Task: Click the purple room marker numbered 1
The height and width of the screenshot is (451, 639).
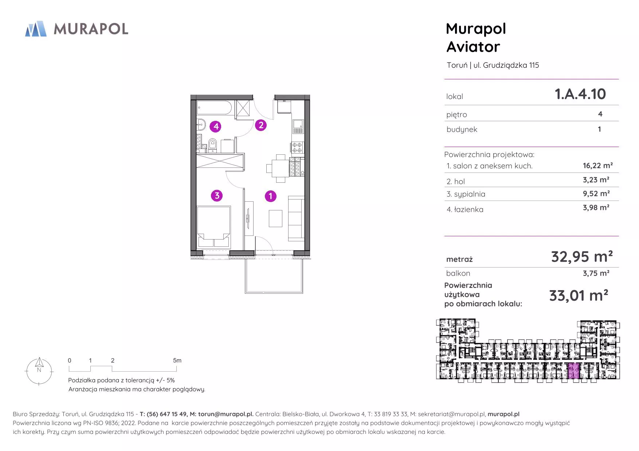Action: tap(270, 196)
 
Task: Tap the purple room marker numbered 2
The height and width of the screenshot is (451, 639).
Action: tap(260, 125)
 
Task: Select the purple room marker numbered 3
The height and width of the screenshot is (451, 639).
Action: tap(217, 195)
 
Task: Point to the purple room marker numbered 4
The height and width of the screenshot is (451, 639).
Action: tap(216, 126)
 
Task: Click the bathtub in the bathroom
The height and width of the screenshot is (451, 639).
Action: tap(214, 108)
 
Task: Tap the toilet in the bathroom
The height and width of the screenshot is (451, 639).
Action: tap(213, 145)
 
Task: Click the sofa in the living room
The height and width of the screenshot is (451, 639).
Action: tap(296, 218)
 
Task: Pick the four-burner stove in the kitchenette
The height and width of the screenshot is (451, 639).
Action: tap(297, 147)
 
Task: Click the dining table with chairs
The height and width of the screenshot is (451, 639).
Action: tap(281, 168)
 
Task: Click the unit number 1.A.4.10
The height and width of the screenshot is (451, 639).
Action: tap(580, 94)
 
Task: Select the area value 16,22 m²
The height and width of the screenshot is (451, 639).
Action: tap(597, 166)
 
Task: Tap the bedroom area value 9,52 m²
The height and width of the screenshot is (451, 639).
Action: tap(596, 194)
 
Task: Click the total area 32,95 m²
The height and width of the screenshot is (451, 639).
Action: tap(581, 257)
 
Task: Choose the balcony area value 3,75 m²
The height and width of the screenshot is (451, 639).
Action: tap(596, 273)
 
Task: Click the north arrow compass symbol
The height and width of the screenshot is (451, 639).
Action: tap(39, 371)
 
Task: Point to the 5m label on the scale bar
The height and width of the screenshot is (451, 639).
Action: tap(177, 360)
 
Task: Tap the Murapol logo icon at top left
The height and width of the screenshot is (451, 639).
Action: tap(36, 29)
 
